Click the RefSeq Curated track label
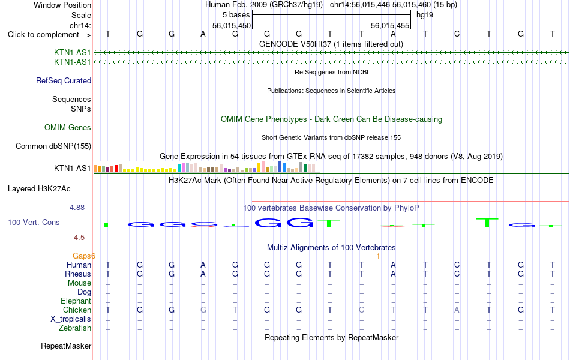(64, 81)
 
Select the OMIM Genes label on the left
(68, 128)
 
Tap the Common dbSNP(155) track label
(53, 146)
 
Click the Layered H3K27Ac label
(39, 189)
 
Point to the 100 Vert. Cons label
(34, 222)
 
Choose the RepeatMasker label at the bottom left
(66, 346)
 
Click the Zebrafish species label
(75, 328)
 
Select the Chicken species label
(77, 310)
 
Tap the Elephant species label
(76, 301)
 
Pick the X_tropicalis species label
(71, 319)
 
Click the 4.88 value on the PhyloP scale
(77, 207)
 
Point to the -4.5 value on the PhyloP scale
(78, 238)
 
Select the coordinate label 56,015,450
(232, 25)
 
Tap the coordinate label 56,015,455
(390, 25)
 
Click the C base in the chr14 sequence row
(457, 34)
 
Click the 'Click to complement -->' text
(49, 35)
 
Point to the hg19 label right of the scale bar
(425, 15)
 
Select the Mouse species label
(80, 283)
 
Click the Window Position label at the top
(62, 5)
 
